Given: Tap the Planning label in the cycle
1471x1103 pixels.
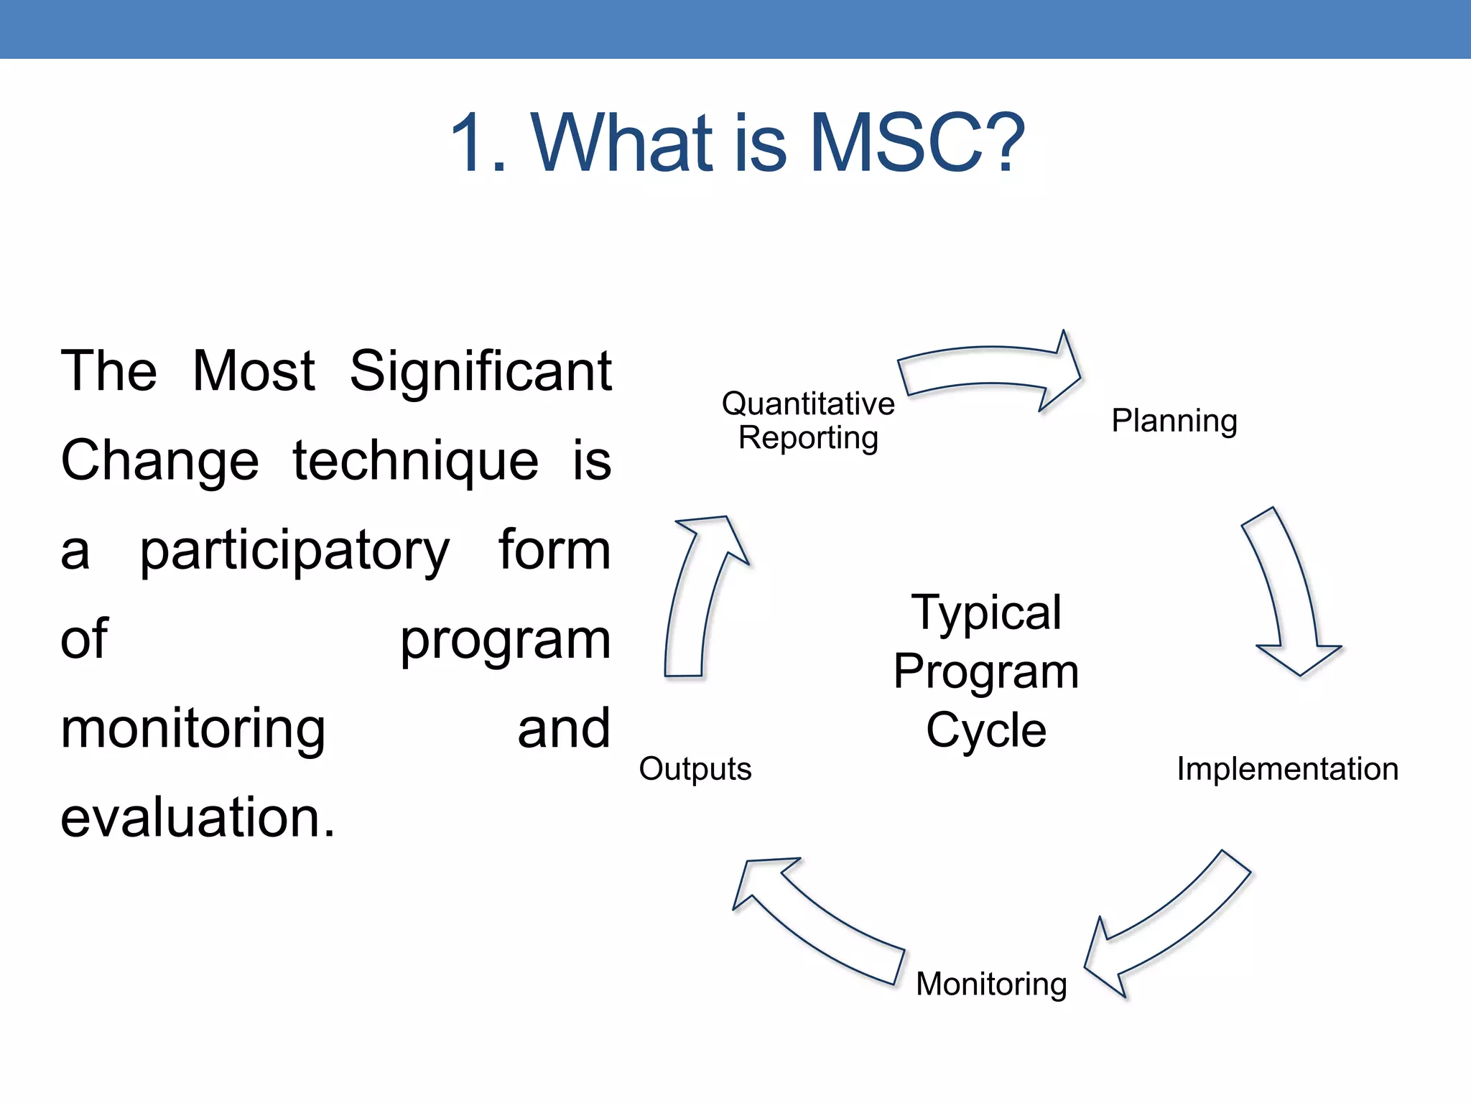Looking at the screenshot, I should (1174, 421).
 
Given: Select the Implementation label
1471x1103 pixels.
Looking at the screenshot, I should (1287, 769).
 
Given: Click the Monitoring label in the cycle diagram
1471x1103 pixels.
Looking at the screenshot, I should (991, 984).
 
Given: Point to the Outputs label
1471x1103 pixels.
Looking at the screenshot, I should (695, 769).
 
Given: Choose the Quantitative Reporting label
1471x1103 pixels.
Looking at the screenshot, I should (808, 421).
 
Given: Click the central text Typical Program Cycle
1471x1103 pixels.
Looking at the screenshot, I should (986, 671).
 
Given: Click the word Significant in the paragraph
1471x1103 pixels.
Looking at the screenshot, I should (480, 371).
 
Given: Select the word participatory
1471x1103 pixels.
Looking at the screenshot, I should (294, 551).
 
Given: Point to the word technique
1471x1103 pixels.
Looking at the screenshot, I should (415, 461).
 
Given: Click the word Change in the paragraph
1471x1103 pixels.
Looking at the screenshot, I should (159, 461).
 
